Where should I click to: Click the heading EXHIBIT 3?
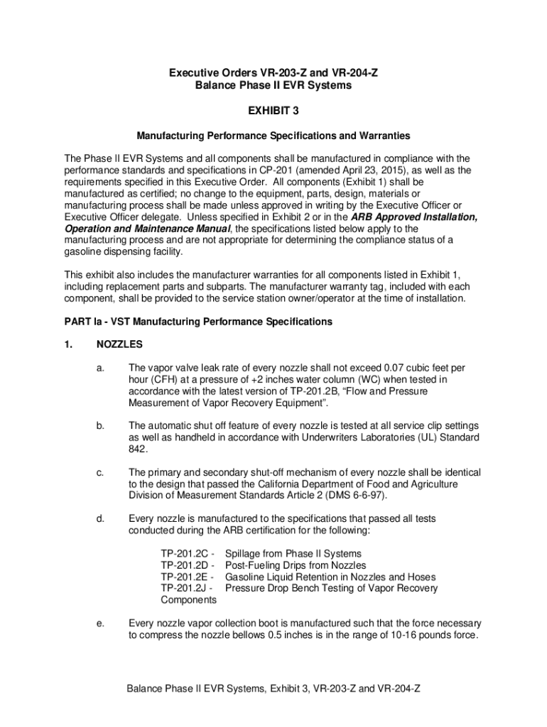[273, 111]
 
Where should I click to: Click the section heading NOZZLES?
[119, 344]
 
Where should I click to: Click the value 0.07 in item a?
[394, 368]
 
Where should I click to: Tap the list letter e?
[101, 623]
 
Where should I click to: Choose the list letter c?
[101, 472]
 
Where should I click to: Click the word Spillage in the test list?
[245, 553]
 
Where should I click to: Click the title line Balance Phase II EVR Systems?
[273, 85]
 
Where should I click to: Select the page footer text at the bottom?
[273, 689]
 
